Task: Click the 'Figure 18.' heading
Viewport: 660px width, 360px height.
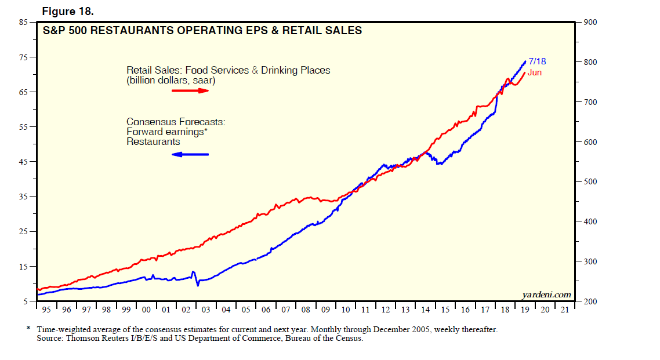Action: click(x=67, y=12)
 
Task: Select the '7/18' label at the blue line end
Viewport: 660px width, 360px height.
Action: click(x=537, y=61)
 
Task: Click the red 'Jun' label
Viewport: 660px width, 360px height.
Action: click(x=534, y=72)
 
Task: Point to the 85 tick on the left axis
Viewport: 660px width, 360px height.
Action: click(x=23, y=23)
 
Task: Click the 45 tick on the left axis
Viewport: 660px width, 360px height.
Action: click(x=23, y=162)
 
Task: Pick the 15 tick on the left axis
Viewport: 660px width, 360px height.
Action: click(x=23, y=267)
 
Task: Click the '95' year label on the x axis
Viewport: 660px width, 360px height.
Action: click(x=46, y=310)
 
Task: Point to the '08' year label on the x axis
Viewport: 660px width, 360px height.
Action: click(x=306, y=310)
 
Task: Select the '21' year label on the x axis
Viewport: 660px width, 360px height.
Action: click(x=564, y=310)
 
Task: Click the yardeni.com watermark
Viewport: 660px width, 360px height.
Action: click(x=547, y=295)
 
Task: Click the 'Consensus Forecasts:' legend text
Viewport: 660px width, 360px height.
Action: click(x=176, y=122)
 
